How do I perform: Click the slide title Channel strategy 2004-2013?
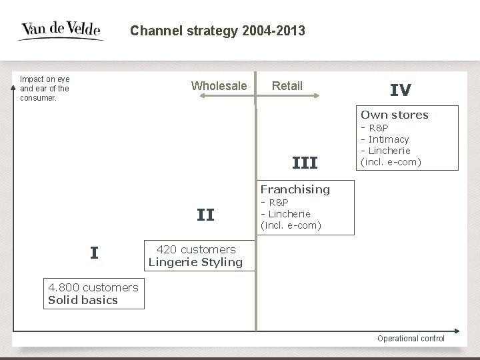point(217,31)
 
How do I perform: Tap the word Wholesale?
point(219,86)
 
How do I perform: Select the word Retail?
point(287,86)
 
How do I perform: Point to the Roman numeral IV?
point(400,91)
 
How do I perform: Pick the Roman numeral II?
point(205,215)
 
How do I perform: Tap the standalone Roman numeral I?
point(95,253)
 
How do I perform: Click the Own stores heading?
point(395,115)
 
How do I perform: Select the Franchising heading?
point(295,189)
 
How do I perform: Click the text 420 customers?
point(196,250)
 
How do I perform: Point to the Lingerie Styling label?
point(195,262)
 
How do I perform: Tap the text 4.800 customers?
point(93,288)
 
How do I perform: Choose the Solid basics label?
point(83,300)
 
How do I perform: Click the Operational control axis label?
point(411,339)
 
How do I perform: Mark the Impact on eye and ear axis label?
point(45,88)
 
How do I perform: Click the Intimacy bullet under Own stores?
point(387,139)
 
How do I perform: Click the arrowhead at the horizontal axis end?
point(457,331)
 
